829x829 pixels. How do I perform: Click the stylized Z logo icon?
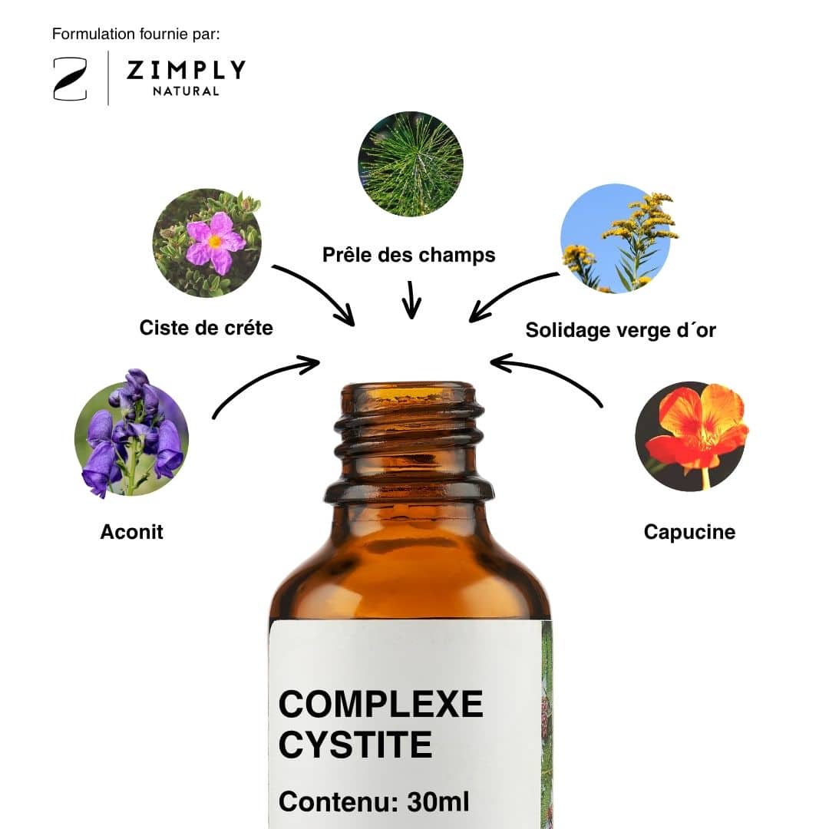70,79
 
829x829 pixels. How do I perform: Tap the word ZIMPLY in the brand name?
186,70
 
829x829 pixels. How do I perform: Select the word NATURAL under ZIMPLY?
186,91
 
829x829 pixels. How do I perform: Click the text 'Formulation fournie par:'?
136,35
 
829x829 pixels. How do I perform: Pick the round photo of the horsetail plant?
410,164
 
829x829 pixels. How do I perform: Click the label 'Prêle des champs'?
408,255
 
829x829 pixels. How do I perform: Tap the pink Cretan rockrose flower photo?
207,243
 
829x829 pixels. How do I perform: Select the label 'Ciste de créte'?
206,328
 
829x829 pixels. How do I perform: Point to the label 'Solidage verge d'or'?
621,330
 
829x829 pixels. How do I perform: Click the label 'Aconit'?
132,532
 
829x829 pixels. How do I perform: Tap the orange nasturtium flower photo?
692,437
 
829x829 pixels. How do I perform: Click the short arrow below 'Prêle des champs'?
411,300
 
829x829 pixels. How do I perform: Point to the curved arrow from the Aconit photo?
259,378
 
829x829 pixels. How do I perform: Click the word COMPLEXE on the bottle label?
381,704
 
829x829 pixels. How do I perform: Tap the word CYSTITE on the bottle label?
355,745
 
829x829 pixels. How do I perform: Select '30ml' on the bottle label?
438,802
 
